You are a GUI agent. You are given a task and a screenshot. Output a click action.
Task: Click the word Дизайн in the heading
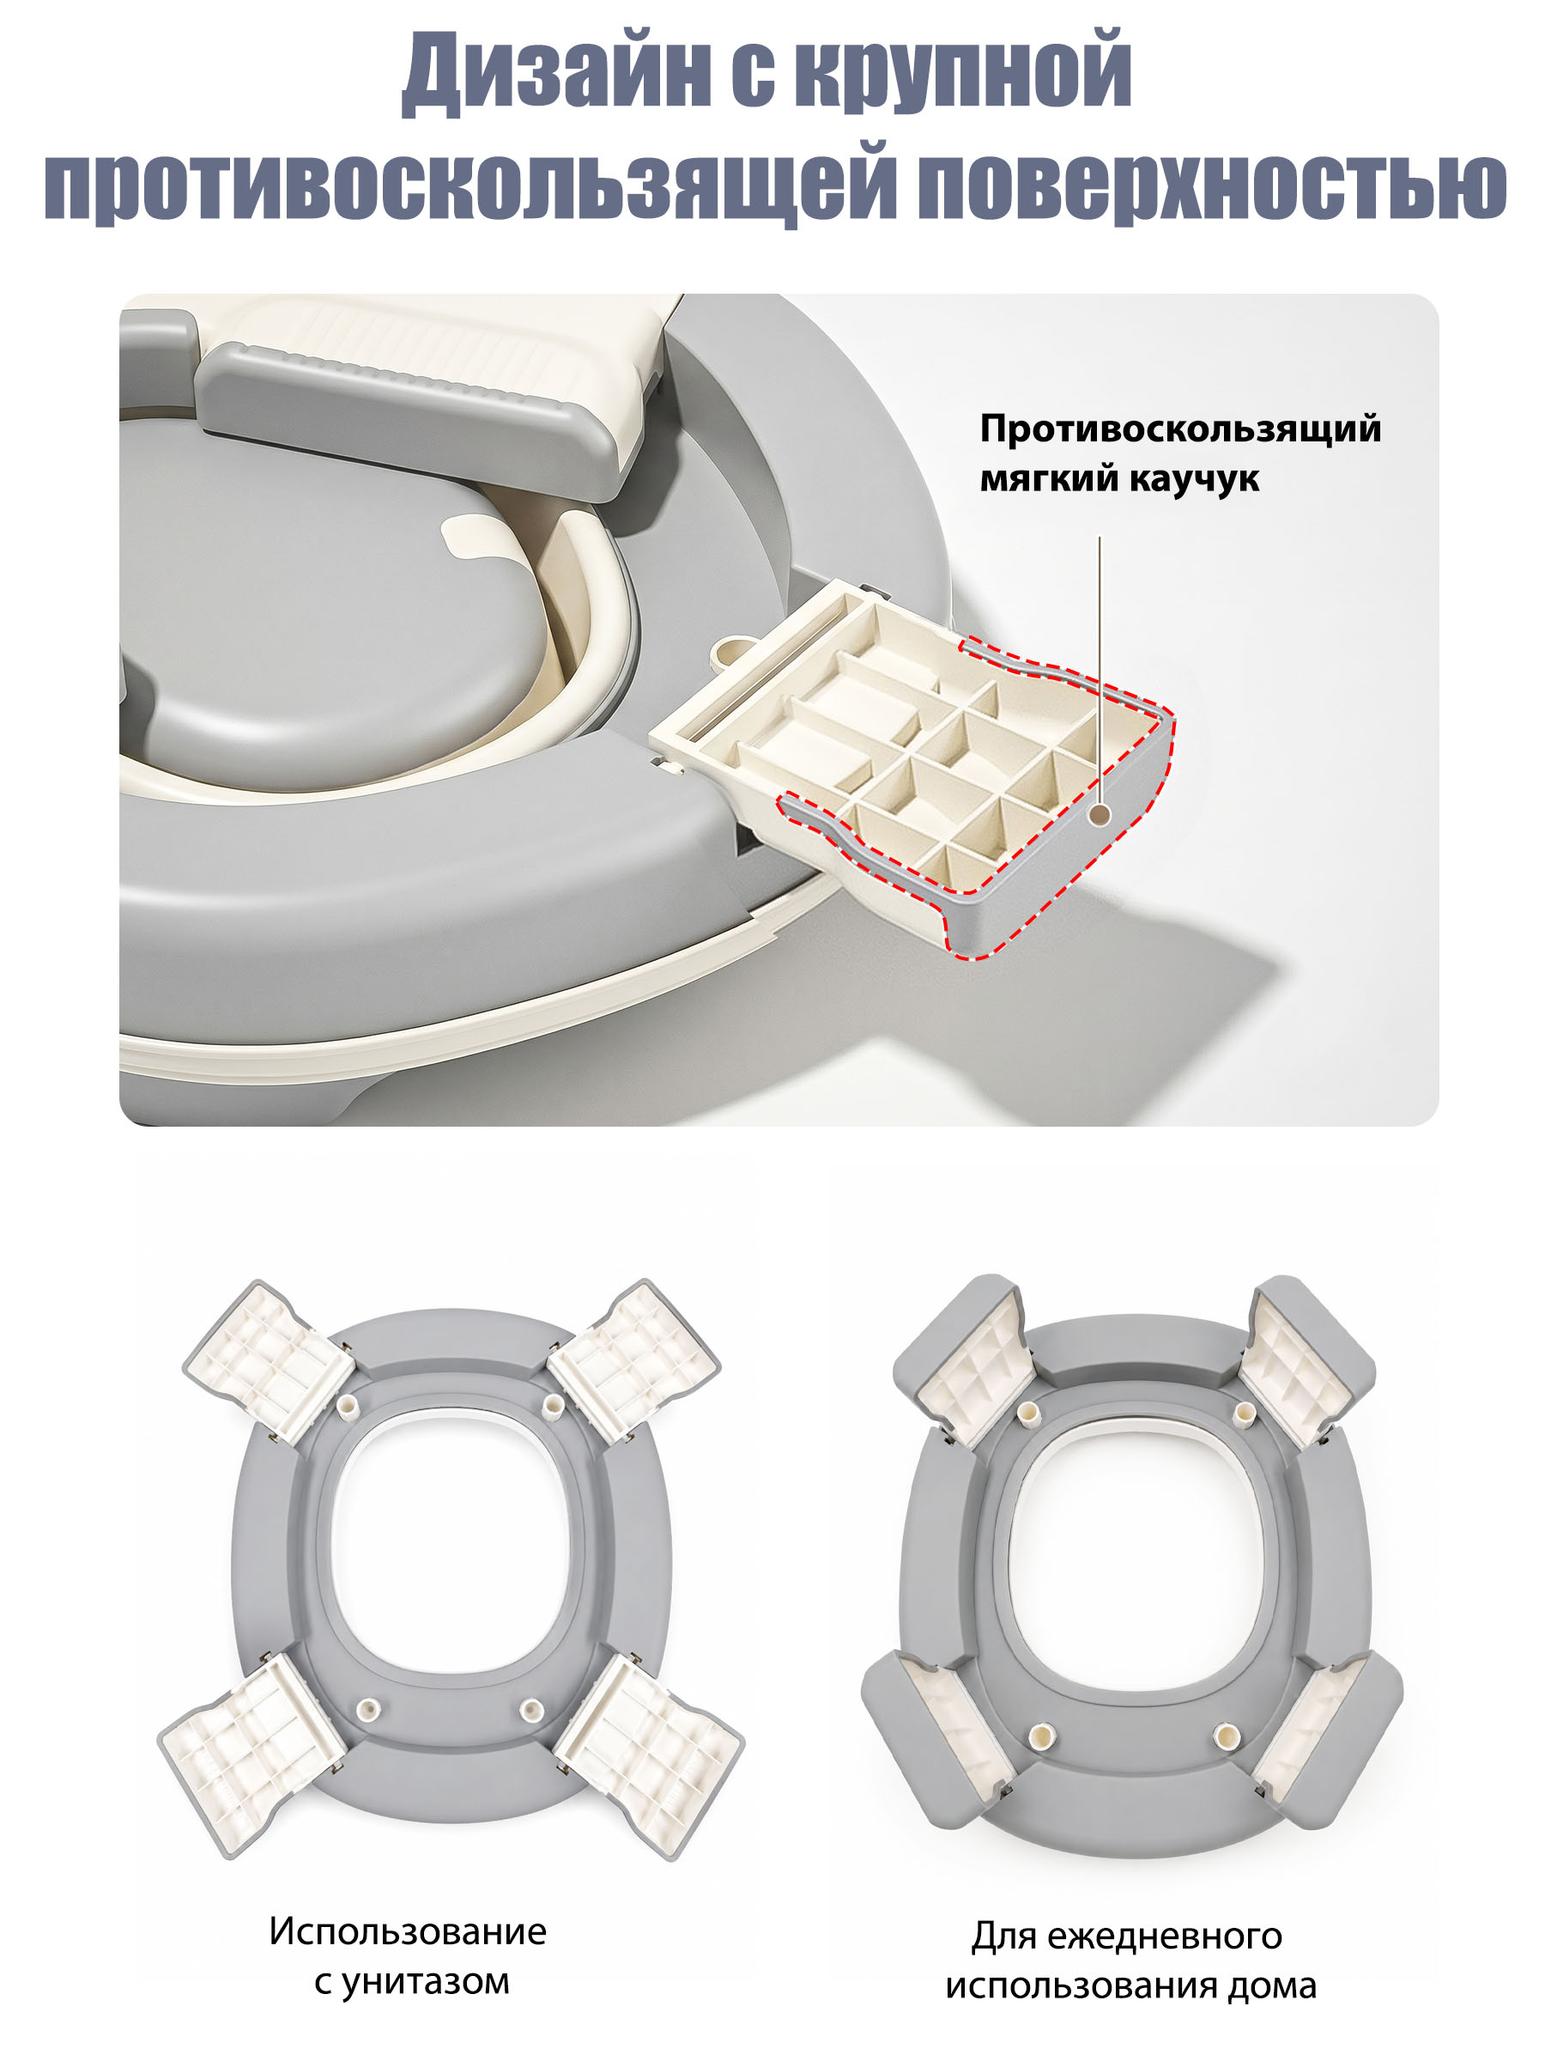click(557, 72)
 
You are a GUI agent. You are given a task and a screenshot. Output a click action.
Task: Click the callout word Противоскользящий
click(1180, 429)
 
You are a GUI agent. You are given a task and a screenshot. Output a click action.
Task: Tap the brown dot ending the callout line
click(1100, 814)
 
